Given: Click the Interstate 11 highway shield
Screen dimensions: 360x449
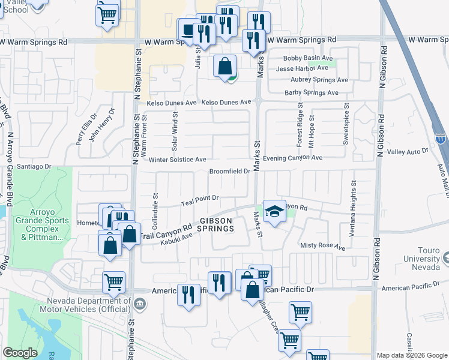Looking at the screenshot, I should point(440,139).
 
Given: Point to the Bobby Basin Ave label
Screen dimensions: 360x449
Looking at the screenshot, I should point(308,58).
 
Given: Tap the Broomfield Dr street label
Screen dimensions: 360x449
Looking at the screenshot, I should point(229,172).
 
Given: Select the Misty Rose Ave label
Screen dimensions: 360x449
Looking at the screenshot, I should point(322,246).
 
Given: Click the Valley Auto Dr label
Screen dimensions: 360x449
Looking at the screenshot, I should point(409,152).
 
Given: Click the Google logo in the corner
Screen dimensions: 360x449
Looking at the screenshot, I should point(20,353).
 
